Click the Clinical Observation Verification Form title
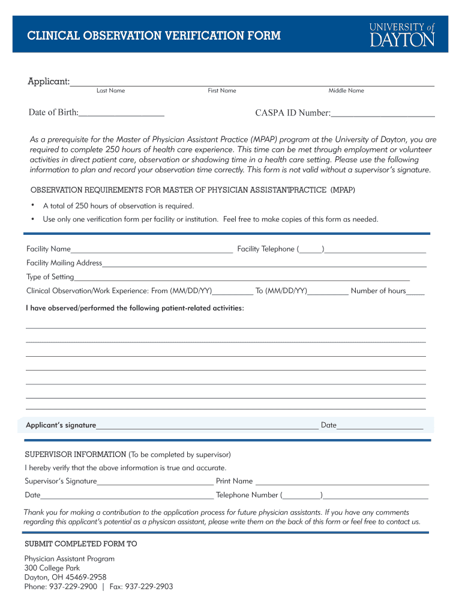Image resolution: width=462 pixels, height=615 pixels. tap(154, 36)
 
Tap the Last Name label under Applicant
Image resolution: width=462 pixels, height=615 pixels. tap(110, 91)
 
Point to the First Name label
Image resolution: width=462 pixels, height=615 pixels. tap(222, 91)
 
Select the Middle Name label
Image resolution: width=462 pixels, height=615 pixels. tap(346, 91)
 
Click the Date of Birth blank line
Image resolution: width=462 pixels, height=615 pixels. tap(122, 114)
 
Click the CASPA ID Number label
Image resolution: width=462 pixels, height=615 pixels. tap(292, 113)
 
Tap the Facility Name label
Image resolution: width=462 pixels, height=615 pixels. tap(49, 249)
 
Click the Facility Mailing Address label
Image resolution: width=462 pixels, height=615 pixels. tap(64, 263)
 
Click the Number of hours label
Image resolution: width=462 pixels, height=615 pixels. tap(378, 291)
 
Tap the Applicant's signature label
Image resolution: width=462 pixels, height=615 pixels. tap(61, 425)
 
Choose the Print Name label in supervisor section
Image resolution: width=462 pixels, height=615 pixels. tap(234, 481)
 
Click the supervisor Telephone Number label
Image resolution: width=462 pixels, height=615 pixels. tap(247, 495)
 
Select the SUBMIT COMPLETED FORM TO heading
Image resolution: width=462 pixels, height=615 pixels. tap(80, 544)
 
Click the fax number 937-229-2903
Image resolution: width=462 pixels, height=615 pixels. tap(149, 587)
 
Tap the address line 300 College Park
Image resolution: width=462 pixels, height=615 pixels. tap(52, 568)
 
